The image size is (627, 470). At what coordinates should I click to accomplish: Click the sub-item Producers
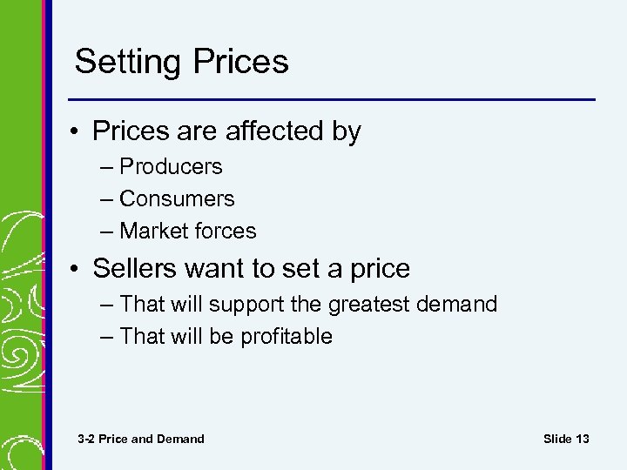point(171,166)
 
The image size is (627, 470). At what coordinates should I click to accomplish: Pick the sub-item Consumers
point(177,198)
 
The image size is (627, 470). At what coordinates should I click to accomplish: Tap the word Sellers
point(135,269)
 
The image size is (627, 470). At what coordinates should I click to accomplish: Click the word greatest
point(370,305)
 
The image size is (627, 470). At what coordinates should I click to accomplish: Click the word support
point(252,305)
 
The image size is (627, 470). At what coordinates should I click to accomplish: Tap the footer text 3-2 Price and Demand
point(140,439)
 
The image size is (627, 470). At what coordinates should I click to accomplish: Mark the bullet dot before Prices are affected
point(78,132)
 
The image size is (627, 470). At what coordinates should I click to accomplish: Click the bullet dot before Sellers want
point(78,270)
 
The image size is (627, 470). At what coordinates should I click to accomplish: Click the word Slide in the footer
point(557,439)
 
